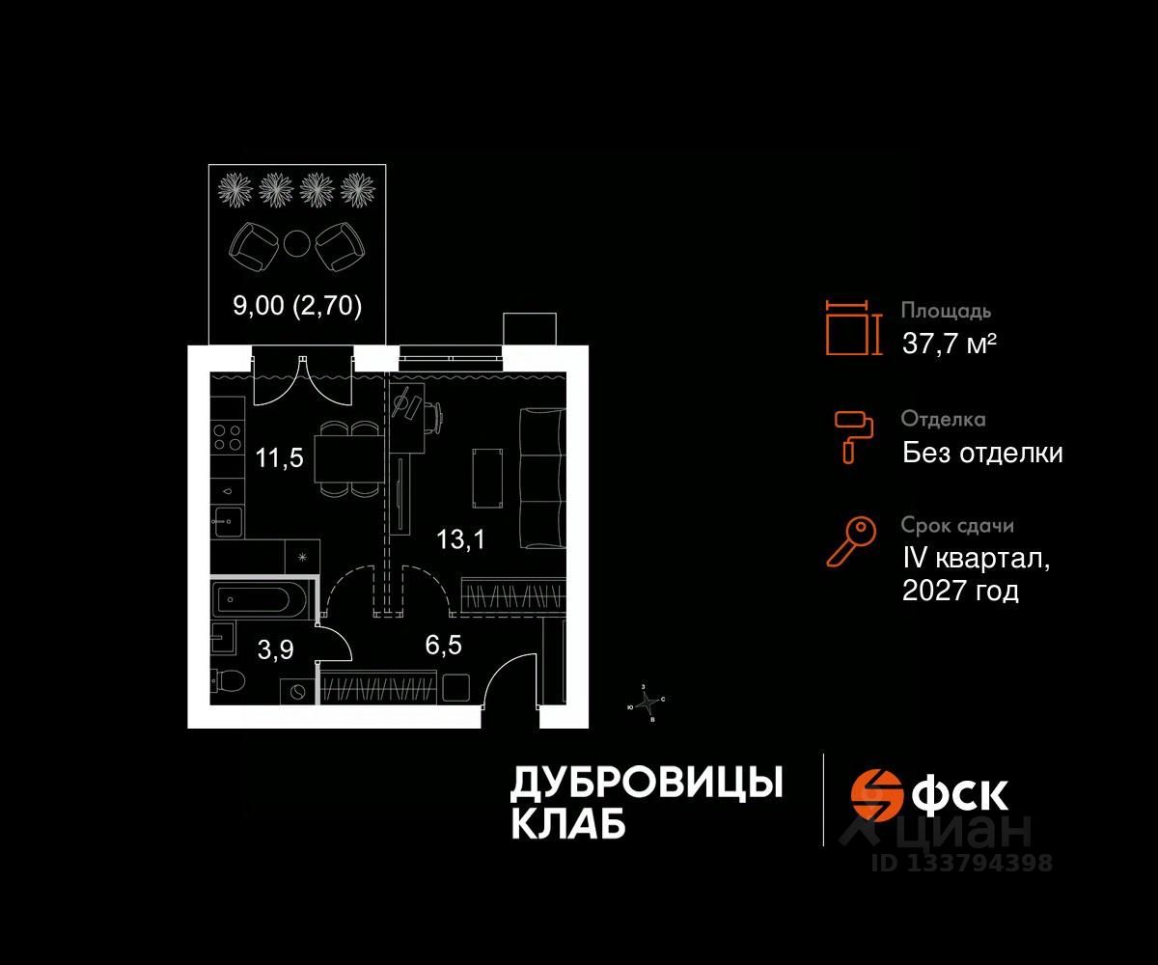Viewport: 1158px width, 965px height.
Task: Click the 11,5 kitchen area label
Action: (280, 457)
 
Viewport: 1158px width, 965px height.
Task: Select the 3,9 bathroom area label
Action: (275, 650)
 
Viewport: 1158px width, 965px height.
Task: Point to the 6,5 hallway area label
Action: (444, 646)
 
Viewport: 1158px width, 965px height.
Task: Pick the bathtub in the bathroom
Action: (261, 601)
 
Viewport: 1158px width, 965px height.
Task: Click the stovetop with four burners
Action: (228, 438)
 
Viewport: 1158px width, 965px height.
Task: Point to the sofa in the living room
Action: (541, 477)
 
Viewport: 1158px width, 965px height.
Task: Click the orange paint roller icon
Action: (853, 435)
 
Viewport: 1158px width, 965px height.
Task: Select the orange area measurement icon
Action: (854, 327)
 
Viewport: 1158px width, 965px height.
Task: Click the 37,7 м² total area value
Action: (949, 343)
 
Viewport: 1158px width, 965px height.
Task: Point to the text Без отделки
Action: (982, 452)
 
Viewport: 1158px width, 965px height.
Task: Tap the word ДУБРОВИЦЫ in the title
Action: (646, 784)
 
